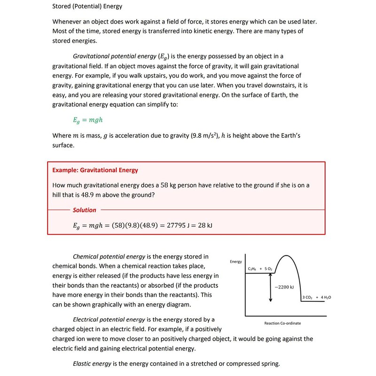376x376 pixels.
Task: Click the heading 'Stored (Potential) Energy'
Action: [x=87, y=7]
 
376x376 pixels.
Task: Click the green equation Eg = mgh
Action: [x=88, y=120]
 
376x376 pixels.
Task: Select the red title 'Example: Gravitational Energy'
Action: [x=95, y=170]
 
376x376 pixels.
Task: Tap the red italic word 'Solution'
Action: [x=85, y=210]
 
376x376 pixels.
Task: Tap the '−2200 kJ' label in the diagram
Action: [x=284, y=287]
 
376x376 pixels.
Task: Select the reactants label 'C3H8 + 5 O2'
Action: [x=259, y=269]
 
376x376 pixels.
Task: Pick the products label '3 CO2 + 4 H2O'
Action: [x=316, y=298]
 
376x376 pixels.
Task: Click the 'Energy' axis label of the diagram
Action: [x=236, y=261]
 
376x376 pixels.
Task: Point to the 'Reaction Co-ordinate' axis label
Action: [x=283, y=323]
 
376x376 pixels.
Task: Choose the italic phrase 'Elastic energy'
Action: [x=92, y=363]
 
